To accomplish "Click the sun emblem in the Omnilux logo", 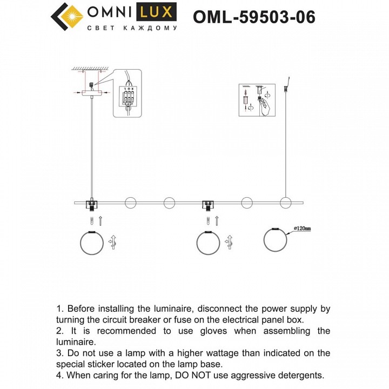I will [x=67, y=16].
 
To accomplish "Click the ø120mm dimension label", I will [x=302, y=230].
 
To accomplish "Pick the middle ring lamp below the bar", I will [x=209, y=243].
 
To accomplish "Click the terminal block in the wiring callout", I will [x=129, y=97].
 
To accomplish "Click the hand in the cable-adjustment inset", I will [x=266, y=106].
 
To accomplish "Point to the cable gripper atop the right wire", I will [x=286, y=85].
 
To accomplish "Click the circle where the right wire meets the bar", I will [x=286, y=203].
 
